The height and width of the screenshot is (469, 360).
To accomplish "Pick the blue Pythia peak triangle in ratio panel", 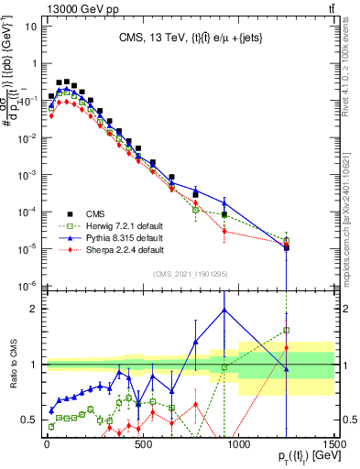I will [x=224, y=310].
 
